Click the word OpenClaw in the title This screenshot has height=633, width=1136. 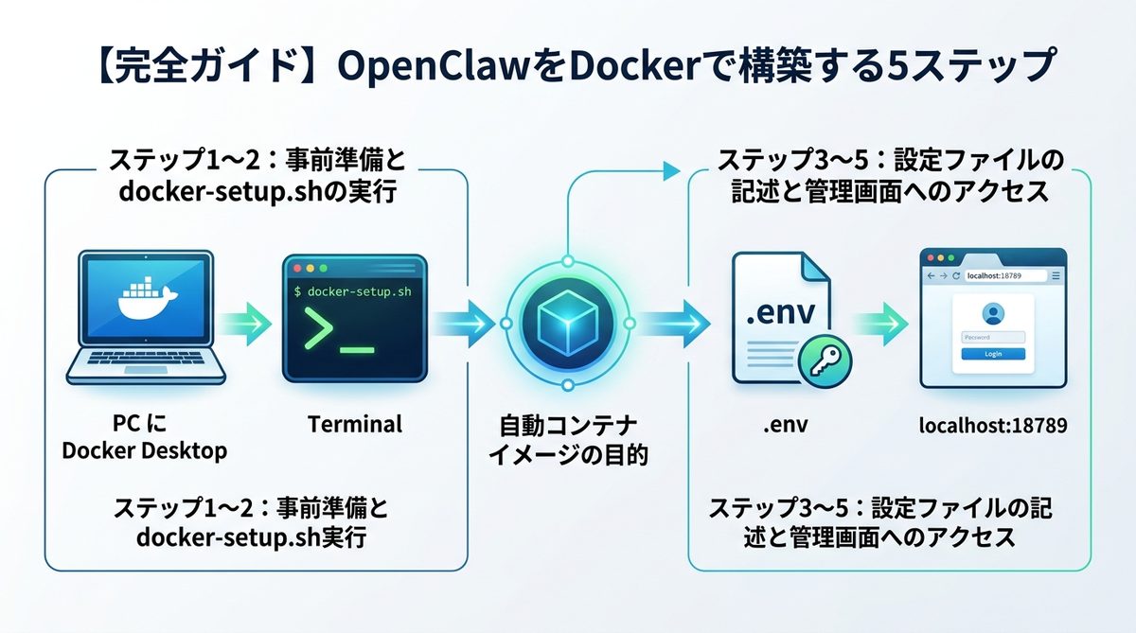(x=398, y=67)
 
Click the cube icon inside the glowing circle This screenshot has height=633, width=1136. (x=565, y=323)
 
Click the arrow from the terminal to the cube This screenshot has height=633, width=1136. (x=461, y=323)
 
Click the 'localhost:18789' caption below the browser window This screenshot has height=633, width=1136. (x=993, y=426)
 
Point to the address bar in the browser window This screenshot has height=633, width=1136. (x=1002, y=276)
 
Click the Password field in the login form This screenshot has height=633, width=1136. (x=993, y=337)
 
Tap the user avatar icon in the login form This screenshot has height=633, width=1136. (x=993, y=313)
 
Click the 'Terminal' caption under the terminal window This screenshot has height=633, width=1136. (x=355, y=424)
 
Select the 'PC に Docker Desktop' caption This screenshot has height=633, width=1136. (x=144, y=437)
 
